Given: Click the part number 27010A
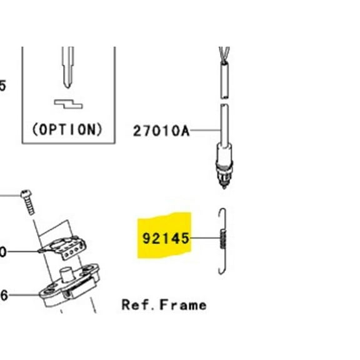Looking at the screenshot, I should pos(161,131).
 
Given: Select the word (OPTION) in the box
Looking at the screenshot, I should pos(66,129).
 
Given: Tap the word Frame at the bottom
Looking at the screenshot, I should pos(182,305).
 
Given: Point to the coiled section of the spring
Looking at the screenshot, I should pos(221,239).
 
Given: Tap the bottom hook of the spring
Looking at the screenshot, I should pos(219,269).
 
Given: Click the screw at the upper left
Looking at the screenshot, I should pos(27,200).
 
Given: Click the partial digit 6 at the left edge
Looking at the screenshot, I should pos(3,296).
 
